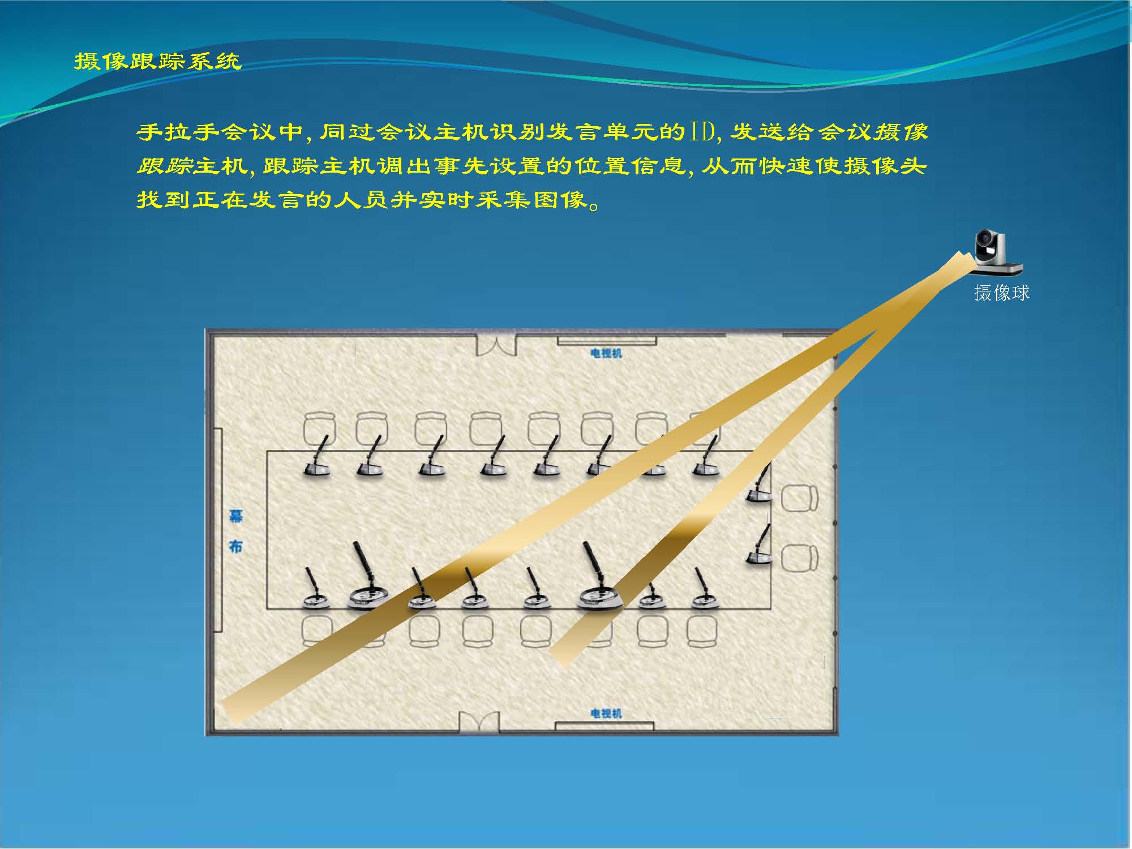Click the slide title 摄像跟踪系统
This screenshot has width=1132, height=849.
pyautogui.click(x=158, y=61)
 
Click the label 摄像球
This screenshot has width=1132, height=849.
pyautogui.click(x=1001, y=293)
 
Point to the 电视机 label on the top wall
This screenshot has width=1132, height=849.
pyautogui.click(x=606, y=353)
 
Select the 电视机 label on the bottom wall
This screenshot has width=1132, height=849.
pyautogui.click(x=606, y=713)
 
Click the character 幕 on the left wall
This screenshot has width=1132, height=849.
pyautogui.click(x=235, y=516)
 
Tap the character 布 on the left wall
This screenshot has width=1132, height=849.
pyautogui.click(x=235, y=546)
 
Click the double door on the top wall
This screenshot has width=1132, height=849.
pyautogui.click(x=496, y=345)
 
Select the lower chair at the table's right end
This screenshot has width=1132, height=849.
pyautogui.click(x=799, y=558)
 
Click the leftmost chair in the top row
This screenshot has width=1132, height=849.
pyautogui.click(x=319, y=428)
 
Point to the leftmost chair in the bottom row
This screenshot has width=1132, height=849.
pyautogui.click(x=317, y=630)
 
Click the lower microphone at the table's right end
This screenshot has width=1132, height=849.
pyautogui.click(x=759, y=544)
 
